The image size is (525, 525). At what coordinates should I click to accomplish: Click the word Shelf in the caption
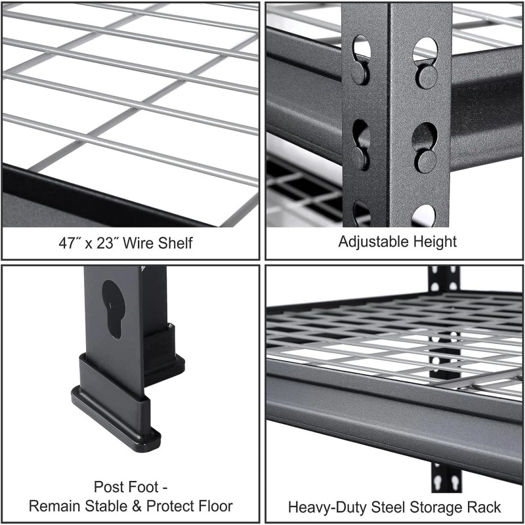(x=175, y=243)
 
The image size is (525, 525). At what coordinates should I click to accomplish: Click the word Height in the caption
(x=434, y=241)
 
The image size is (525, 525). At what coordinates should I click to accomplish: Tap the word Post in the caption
(x=108, y=487)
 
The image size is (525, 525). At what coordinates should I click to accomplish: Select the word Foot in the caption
(x=142, y=487)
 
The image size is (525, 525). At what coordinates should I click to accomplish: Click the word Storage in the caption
(x=434, y=507)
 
